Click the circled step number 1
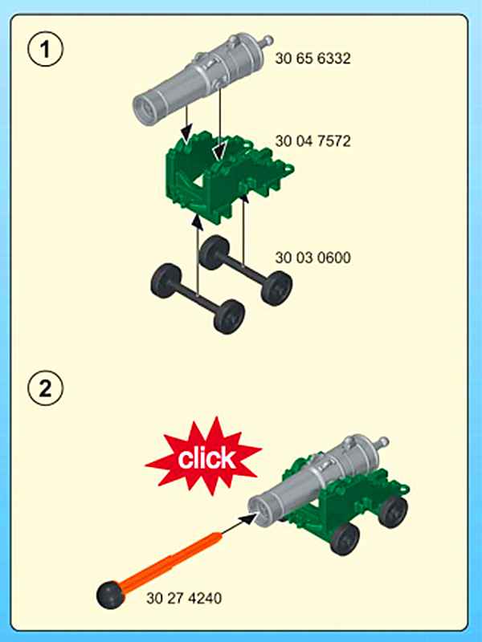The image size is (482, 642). (x=46, y=49)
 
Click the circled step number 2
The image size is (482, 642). (x=46, y=388)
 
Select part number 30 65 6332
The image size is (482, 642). (x=312, y=59)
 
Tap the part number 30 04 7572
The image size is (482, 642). (x=312, y=141)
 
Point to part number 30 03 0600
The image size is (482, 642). (x=312, y=258)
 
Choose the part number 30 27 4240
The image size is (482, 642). (x=184, y=598)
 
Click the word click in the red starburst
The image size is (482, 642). (x=206, y=457)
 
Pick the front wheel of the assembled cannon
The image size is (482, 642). (x=345, y=538)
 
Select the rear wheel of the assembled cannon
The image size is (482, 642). (x=393, y=511)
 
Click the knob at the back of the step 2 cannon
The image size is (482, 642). (x=382, y=443)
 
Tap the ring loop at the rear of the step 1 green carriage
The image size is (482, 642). (x=288, y=169)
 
